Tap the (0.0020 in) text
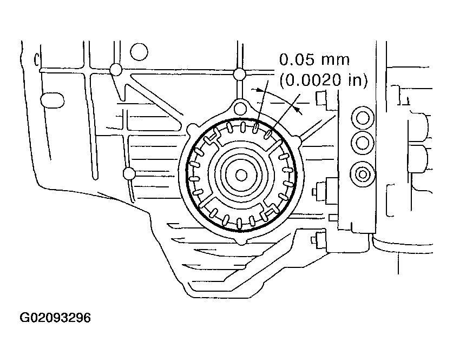pyautogui.click(x=323, y=80)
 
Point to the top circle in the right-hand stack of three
pyautogui.click(x=361, y=116)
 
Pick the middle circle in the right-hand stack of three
pyautogui.click(x=361, y=143)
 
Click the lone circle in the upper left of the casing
pyautogui.click(x=139, y=52)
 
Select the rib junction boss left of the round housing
pyautogui.click(x=128, y=173)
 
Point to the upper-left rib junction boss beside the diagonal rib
pyautogui.click(x=115, y=70)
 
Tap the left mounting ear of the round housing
pyautogui.click(x=192, y=128)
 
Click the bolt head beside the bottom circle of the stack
pyautogui.click(x=320, y=190)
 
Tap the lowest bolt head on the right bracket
pyautogui.click(x=319, y=240)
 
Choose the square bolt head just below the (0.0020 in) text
pyautogui.click(x=321, y=98)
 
